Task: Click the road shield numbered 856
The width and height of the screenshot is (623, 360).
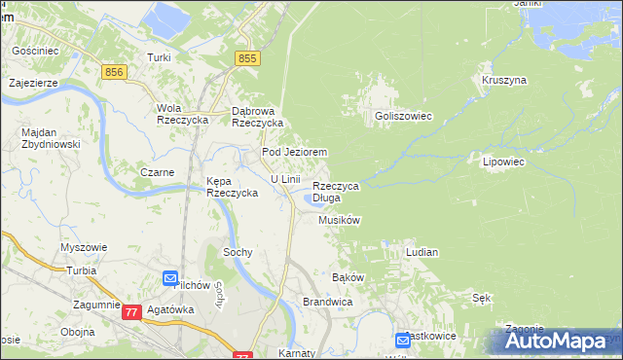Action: [115, 72]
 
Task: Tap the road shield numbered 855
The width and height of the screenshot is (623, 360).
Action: [248, 59]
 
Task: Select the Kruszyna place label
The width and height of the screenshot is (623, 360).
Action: [503, 79]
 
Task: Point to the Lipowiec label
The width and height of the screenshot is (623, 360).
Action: [503, 162]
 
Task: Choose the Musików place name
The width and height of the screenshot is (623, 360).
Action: [340, 221]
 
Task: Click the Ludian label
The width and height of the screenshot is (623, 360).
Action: [421, 252]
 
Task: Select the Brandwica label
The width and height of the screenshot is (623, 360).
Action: [326, 303]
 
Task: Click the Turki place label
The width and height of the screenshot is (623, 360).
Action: [159, 57]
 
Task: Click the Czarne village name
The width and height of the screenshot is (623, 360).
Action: [156, 172]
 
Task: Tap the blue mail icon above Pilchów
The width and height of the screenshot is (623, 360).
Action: [170, 277]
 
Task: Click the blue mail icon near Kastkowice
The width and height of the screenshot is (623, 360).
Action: [403, 341]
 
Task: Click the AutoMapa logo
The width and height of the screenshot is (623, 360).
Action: [556, 342]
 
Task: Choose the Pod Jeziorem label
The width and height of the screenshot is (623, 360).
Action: [293, 153]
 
